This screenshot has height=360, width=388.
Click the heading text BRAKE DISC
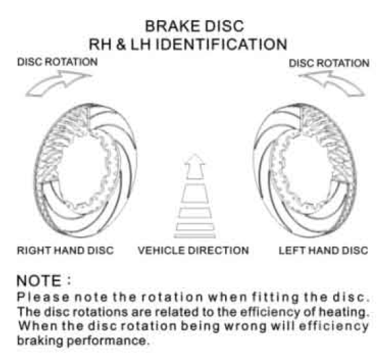tap(194, 26)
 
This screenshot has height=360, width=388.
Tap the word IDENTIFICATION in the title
tap(222, 45)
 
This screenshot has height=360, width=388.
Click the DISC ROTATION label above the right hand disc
tap(57, 62)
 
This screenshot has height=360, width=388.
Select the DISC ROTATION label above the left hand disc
tap(329, 63)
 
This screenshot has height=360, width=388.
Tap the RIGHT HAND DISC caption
tap(65, 250)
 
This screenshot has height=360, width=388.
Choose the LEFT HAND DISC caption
tap(323, 250)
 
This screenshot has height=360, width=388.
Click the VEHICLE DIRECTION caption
tap(193, 250)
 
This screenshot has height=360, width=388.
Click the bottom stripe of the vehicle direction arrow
tap(195, 236)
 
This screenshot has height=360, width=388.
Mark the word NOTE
tap(39, 281)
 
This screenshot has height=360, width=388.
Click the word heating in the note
tap(344, 313)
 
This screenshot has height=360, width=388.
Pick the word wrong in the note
tap(244, 327)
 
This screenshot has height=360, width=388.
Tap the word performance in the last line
tap(108, 341)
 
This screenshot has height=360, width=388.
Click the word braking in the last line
tap(40, 341)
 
